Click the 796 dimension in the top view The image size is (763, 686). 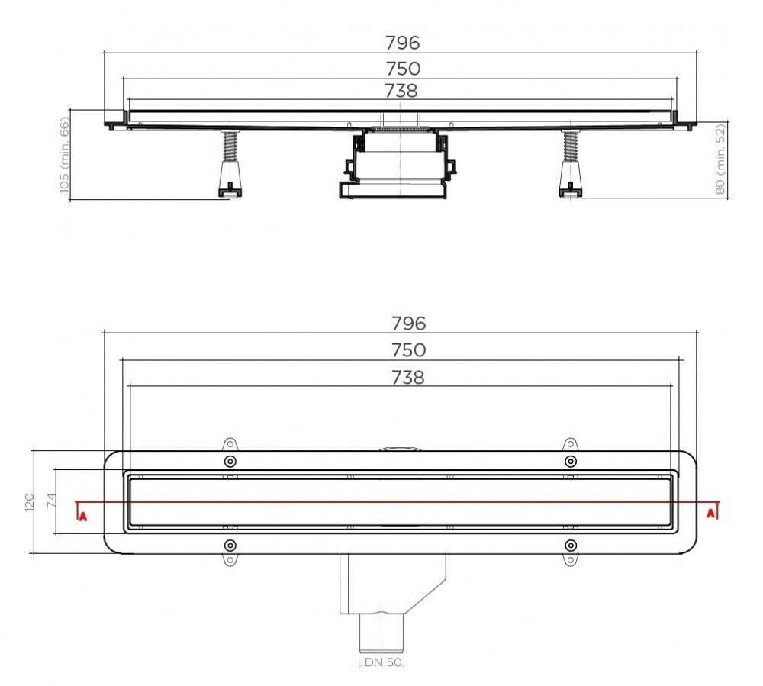tap(402, 43)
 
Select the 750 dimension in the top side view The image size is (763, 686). tap(403, 69)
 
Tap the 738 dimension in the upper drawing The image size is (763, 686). tap(401, 91)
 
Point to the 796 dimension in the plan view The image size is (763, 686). tap(409, 323)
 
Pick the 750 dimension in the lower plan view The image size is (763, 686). tap(409, 349)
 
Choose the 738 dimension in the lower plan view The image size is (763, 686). tap(407, 377)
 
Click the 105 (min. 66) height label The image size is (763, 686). tap(64, 155)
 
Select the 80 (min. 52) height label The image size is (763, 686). tap(720, 159)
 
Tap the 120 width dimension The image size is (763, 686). tap(29, 502)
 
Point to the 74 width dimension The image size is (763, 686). tap(51, 500)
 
